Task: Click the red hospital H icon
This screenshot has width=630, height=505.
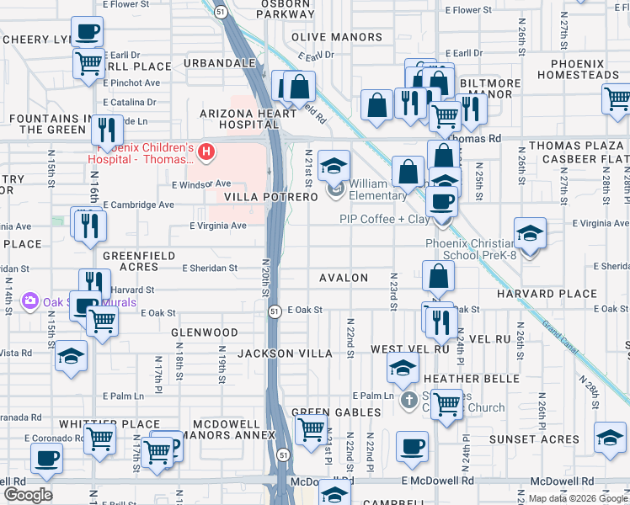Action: [x=207, y=152]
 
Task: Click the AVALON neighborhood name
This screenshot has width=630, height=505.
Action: [x=344, y=278]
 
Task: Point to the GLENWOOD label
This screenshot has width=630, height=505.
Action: [x=205, y=332]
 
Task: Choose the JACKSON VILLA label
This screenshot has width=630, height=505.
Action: [x=285, y=353]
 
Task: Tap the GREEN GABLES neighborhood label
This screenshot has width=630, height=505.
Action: [x=329, y=412]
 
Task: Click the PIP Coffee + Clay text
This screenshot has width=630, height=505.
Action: [x=384, y=219]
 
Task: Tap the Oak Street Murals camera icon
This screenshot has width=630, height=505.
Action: [x=30, y=300]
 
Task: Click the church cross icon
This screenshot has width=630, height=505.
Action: [x=408, y=400]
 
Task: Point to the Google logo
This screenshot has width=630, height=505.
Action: [x=28, y=494]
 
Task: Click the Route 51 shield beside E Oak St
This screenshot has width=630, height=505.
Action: [x=275, y=312]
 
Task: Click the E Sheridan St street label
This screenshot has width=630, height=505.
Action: [x=210, y=268]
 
